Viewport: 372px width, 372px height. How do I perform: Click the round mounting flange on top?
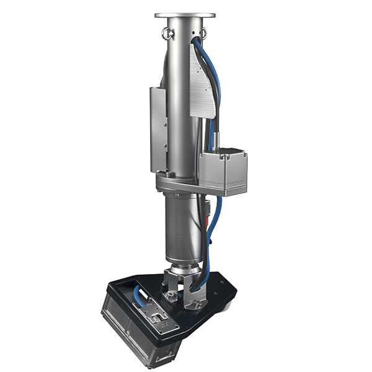[185, 15]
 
